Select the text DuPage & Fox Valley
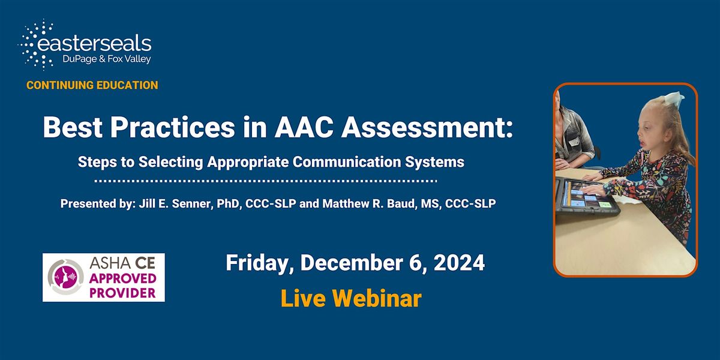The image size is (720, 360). point(107,59)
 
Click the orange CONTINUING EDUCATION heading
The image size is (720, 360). point(92,85)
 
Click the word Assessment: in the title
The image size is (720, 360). point(427,127)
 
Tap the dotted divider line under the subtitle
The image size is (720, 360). point(266,181)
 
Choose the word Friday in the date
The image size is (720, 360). point(259,263)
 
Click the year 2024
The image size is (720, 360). point(459,263)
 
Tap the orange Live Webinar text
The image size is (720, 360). point(351,298)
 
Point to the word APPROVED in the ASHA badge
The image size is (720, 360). point(123,278)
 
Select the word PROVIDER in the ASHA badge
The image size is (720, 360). point(122,293)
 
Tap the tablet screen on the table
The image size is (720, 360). point(584,195)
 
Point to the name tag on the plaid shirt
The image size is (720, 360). point(574,142)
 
